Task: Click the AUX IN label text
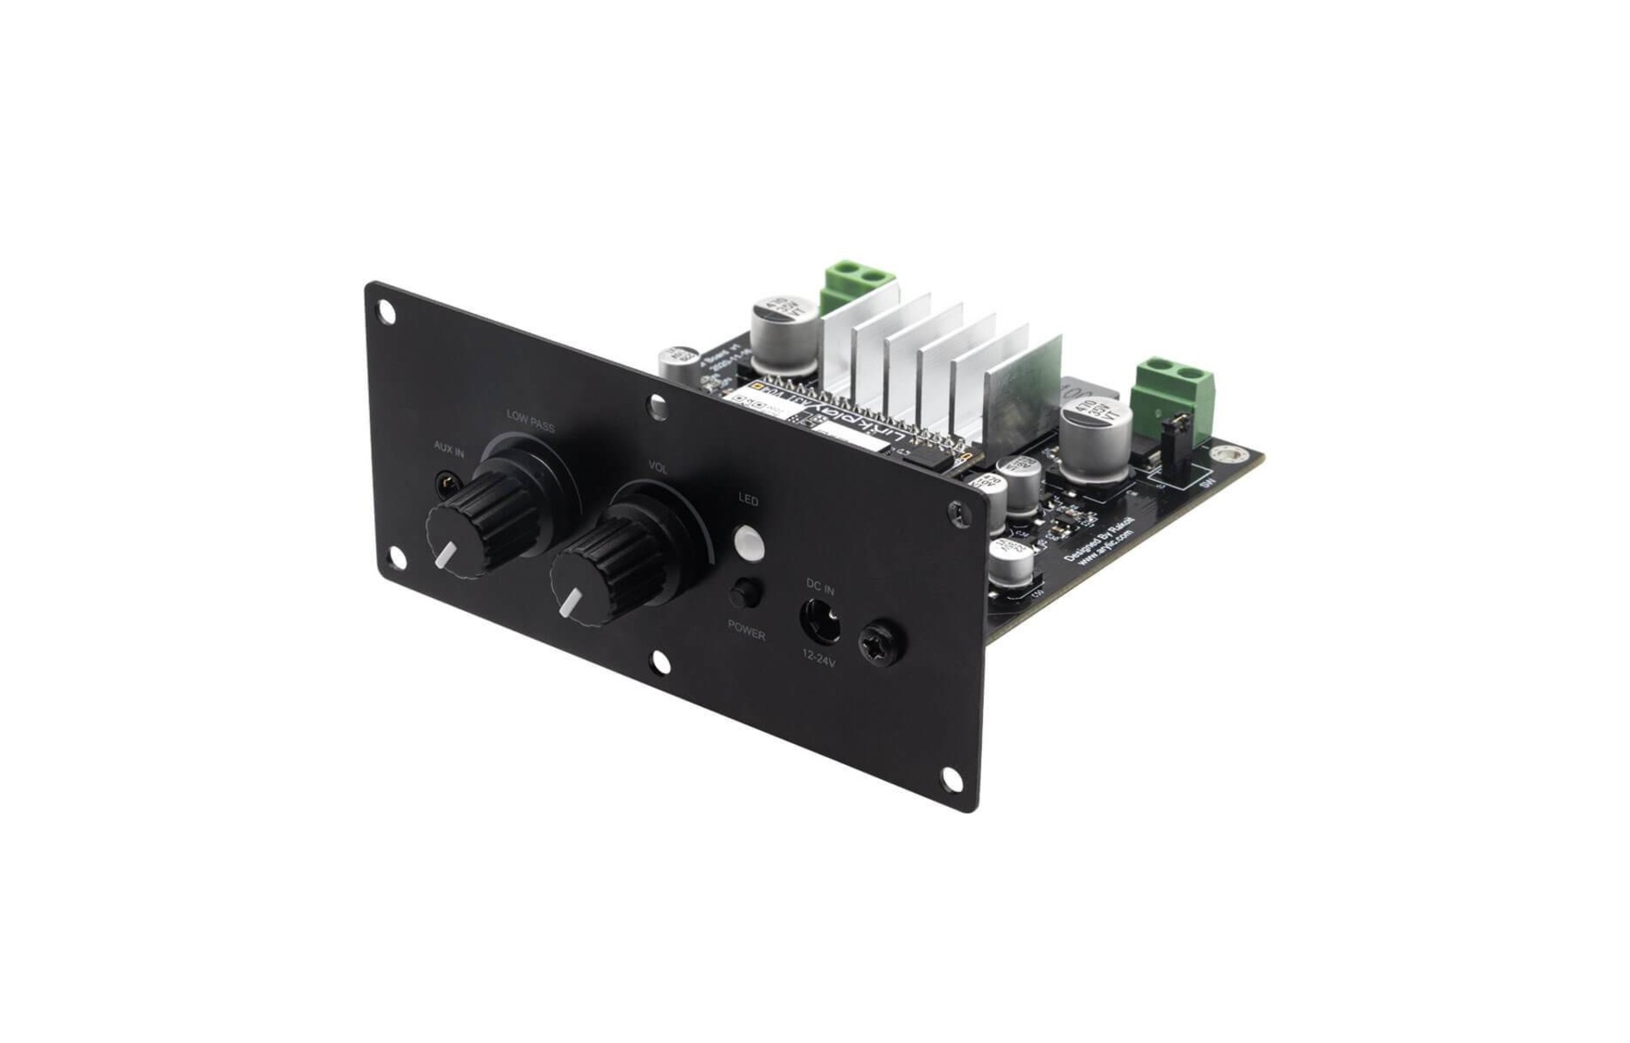coord(449,447)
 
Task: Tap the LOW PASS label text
coord(531,421)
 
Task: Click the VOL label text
coord(658,469)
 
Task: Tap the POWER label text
coord(747,630)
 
